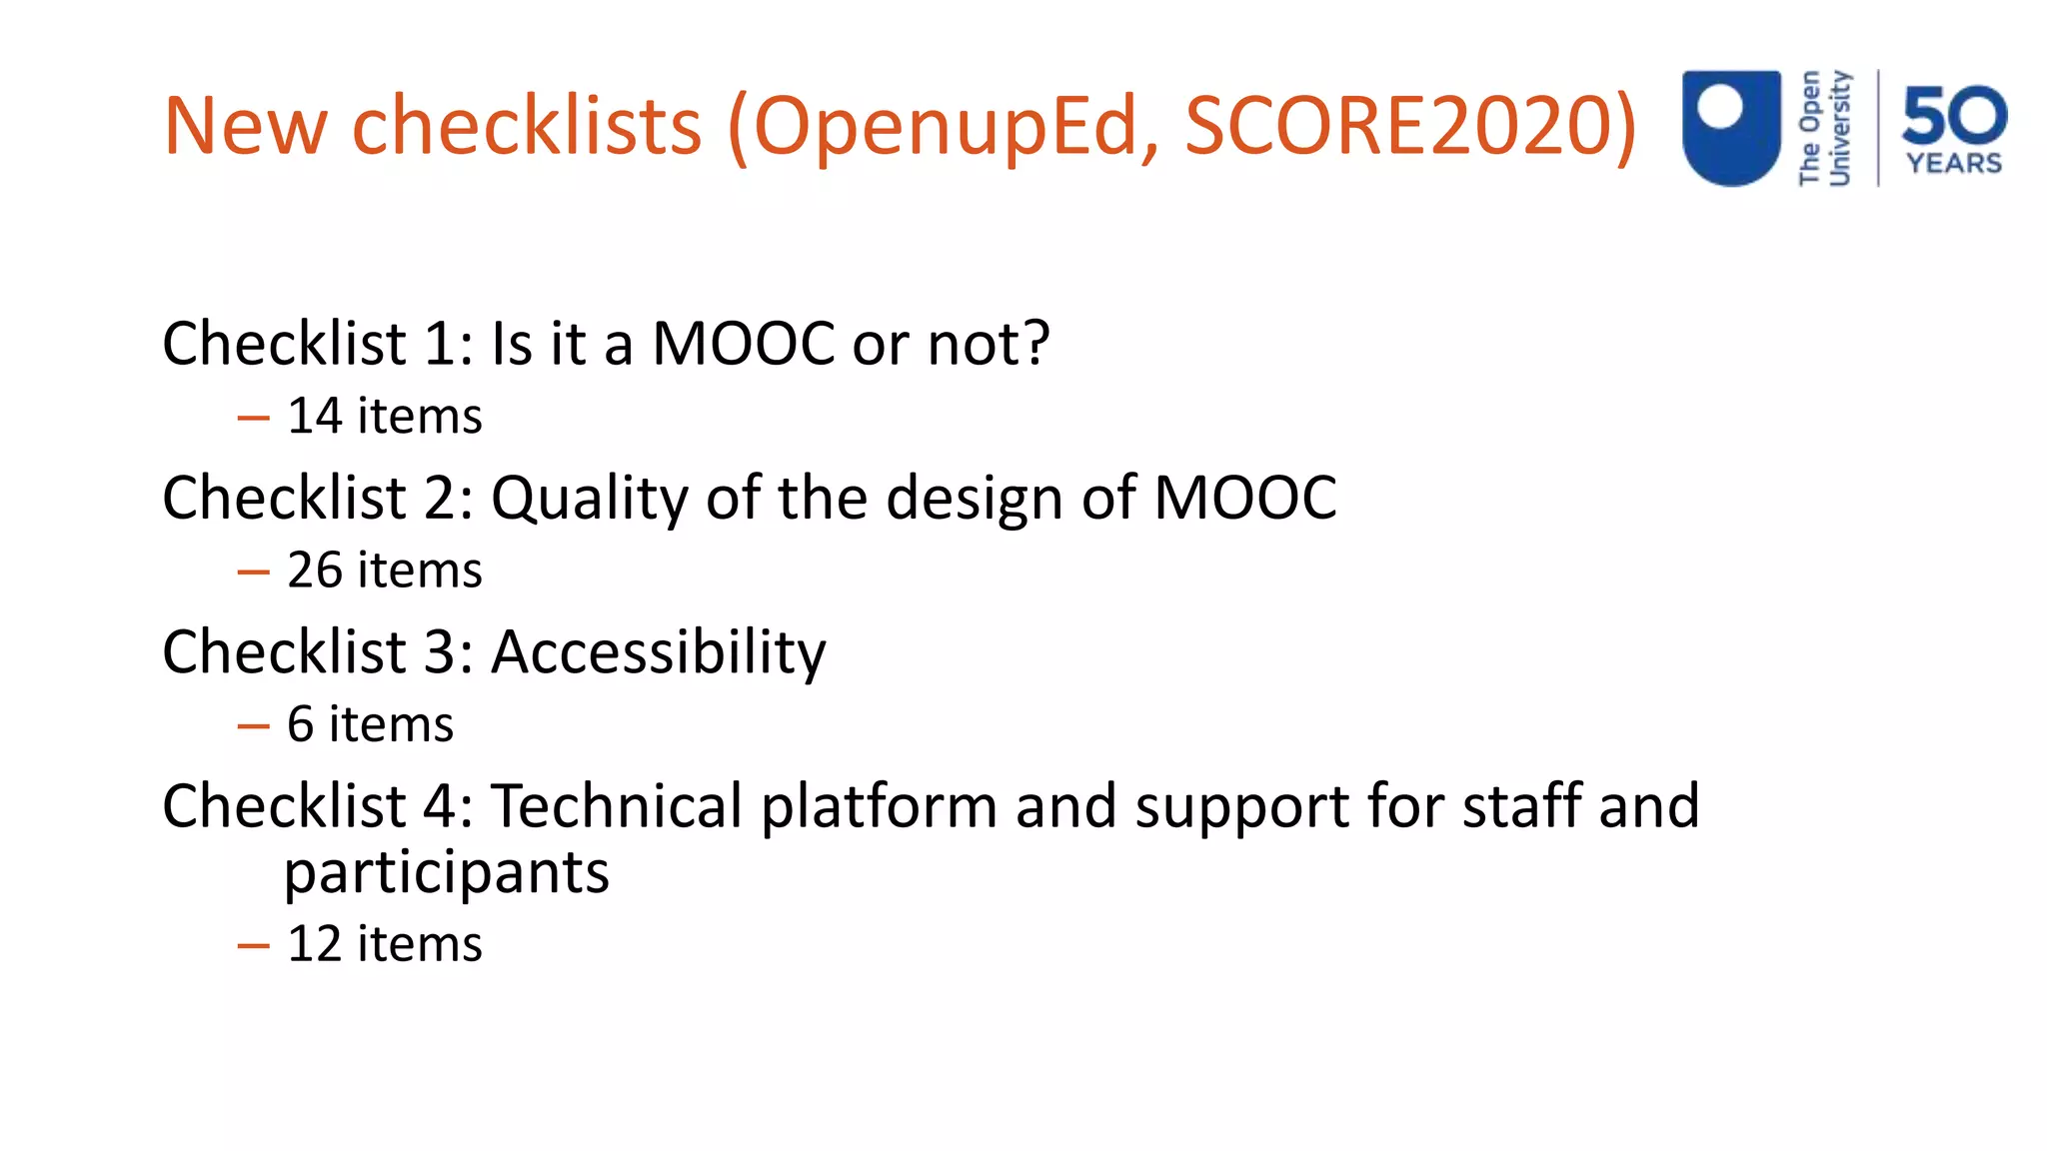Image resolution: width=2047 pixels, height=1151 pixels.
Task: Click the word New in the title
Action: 246,126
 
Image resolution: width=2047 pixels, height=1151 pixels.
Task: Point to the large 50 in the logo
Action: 1954,115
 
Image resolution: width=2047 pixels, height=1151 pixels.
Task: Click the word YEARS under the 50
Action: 1954,163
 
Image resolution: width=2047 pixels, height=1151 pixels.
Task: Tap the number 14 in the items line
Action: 315,416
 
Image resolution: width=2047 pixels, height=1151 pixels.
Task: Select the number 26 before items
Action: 315,571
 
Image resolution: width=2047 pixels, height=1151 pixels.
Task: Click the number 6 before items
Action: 301,724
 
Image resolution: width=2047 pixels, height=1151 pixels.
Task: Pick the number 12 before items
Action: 315,944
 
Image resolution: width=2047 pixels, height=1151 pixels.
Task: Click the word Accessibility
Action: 659,652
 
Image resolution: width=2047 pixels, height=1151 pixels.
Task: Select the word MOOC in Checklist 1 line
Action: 743,344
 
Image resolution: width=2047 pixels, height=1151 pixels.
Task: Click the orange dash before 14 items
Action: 254,418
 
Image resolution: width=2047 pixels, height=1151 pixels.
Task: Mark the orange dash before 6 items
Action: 254,726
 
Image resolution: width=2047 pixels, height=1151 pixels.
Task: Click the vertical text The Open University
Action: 1825,128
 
